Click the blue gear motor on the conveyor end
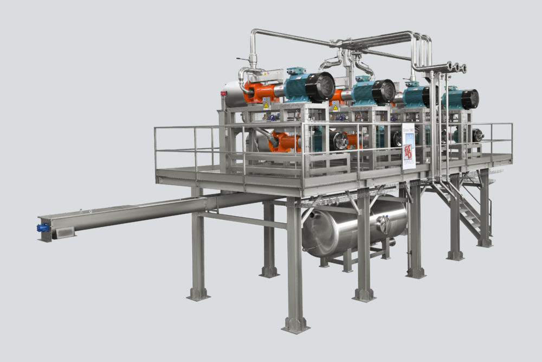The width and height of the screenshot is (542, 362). [43, 228]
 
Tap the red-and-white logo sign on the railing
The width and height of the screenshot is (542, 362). [408, 152]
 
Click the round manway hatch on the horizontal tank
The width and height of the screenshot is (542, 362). [384, 224]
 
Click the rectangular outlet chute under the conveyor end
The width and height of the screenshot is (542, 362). [63, 233]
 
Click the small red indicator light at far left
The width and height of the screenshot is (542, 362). [223, 93]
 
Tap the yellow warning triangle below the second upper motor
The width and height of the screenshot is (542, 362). [335, 108]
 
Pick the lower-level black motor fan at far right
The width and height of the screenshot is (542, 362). [478, 135]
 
